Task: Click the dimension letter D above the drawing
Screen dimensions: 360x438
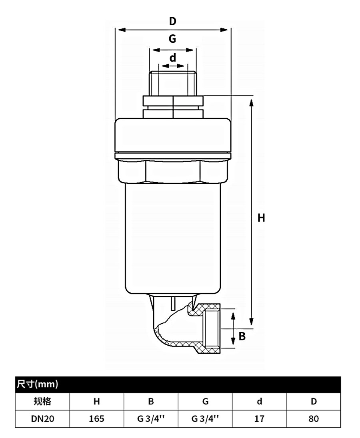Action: [x=173, y=21]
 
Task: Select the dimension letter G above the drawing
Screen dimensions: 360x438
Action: [x=172, y=38]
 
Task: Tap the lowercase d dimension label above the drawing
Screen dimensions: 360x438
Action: [x=173, y=58]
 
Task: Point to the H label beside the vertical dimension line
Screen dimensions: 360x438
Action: [x=261, y=218]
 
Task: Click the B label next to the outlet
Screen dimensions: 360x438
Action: [x=242, y=336]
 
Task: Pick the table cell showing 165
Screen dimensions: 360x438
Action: [x=96, y=419]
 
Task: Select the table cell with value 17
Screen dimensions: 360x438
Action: [x=259, y=419]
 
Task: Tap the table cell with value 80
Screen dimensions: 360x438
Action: [x=314, y=419]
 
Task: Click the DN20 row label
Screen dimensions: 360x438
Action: [x=43, y=419]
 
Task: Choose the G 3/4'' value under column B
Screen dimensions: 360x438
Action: [x=151, y=419]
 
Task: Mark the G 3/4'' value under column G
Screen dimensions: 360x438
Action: [x=205, y=419]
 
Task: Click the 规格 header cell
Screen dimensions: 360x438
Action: [x=42, y=401]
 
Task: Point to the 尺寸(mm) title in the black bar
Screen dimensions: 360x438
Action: [x=37, y=384]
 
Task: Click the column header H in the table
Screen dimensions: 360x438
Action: [x=96, y=401]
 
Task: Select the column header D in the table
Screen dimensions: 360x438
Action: [x=314, y=401]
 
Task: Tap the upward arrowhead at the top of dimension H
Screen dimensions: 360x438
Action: [x=251, y=103]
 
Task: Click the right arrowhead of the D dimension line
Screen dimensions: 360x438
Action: [x=224, y=30]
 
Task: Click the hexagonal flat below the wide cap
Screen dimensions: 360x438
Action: [x=173, y=171]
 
